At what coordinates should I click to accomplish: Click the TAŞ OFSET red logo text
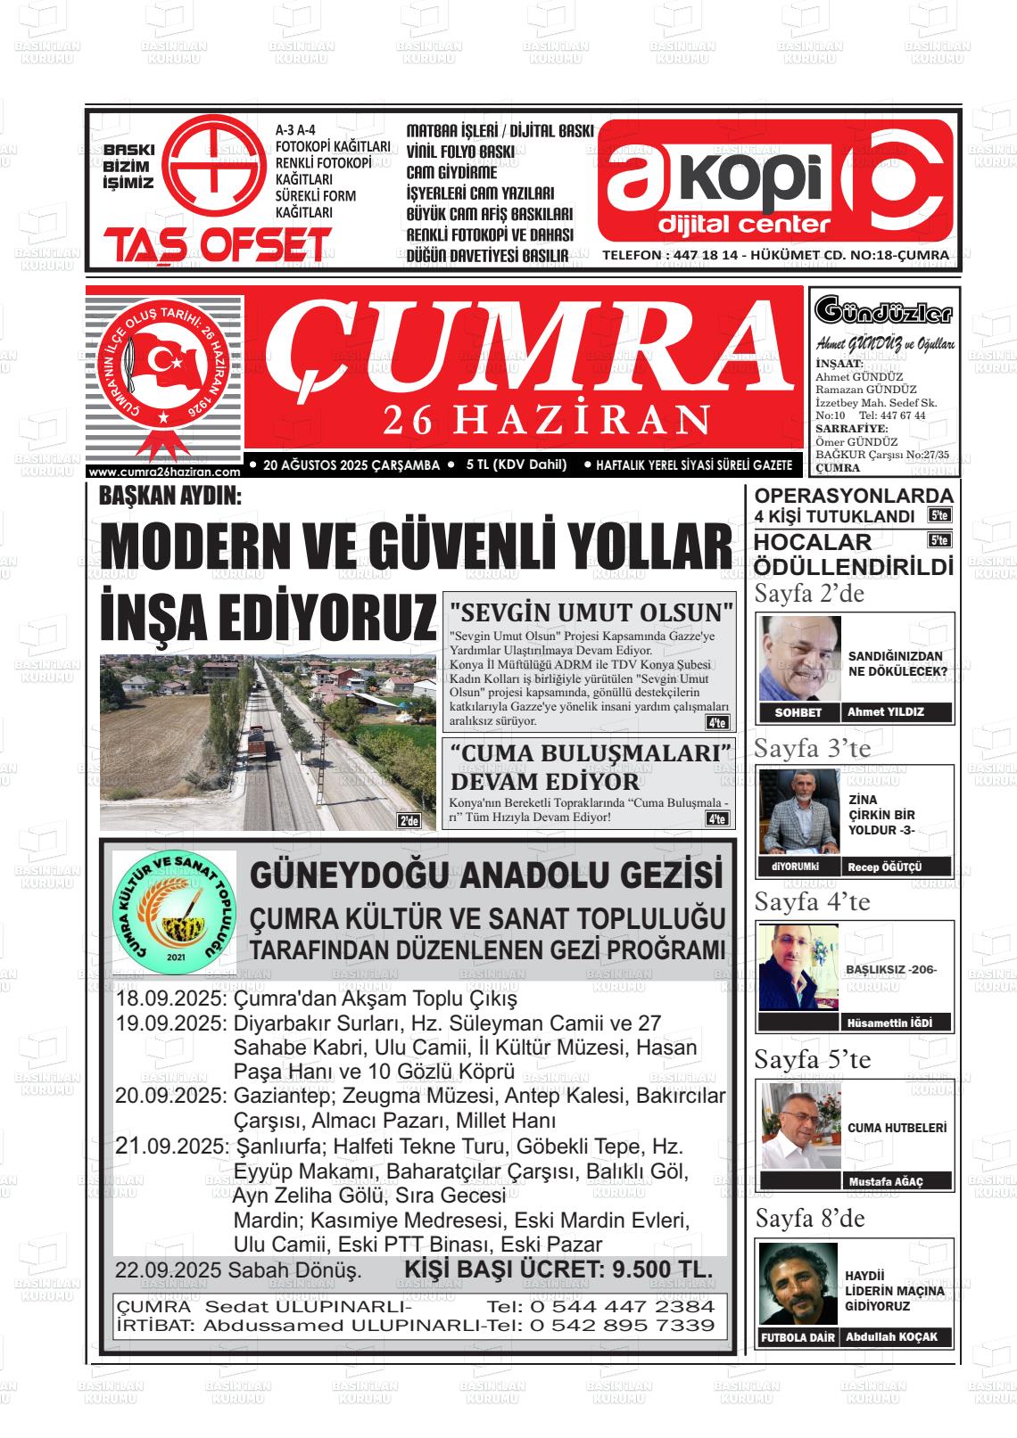217,245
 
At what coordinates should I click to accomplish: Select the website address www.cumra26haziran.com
165,472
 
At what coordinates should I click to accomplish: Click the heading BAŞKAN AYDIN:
170,496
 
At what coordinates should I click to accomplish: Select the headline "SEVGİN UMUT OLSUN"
591,613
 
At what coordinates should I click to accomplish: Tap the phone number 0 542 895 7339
622,1326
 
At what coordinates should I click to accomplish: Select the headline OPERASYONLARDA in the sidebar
854,497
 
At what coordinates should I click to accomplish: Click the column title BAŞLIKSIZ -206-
890,970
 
